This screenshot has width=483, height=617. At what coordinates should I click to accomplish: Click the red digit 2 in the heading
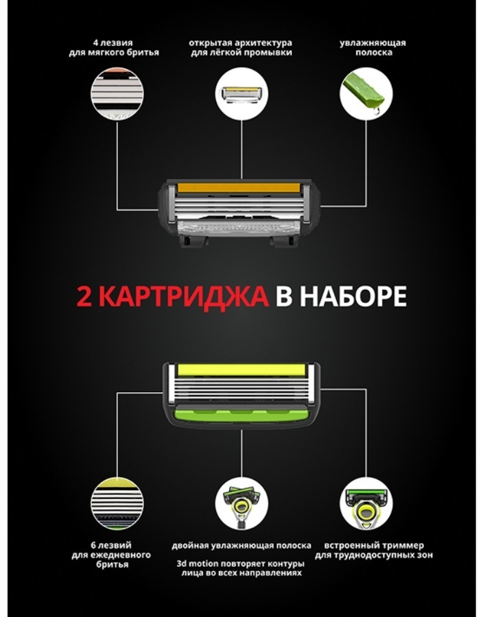pos(84,296)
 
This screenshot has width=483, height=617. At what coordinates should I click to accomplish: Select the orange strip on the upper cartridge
pos(238,187)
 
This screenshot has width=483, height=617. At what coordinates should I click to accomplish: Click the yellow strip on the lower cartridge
pos(241,370)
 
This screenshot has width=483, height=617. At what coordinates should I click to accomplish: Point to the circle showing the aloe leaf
pos(366,94)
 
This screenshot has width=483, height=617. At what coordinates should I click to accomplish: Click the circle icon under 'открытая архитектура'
pos(241,94)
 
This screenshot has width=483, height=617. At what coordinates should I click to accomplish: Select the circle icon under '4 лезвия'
pos(117,94)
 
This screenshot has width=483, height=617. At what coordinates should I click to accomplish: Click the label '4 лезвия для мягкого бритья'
pos(114,47)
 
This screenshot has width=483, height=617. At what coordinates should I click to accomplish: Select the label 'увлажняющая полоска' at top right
pos(373,47)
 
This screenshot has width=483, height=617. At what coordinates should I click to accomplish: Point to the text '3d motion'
pos(197,564)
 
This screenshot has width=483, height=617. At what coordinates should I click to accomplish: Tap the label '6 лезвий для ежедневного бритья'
pos(111,555)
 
